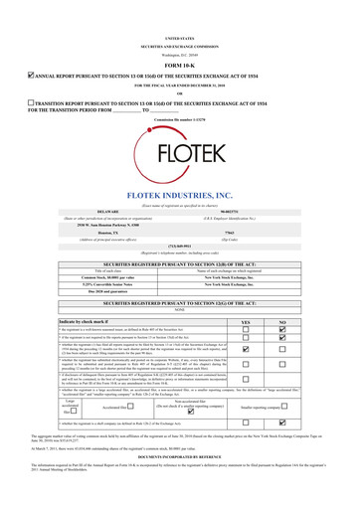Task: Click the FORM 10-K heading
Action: [x=180, y=38]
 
